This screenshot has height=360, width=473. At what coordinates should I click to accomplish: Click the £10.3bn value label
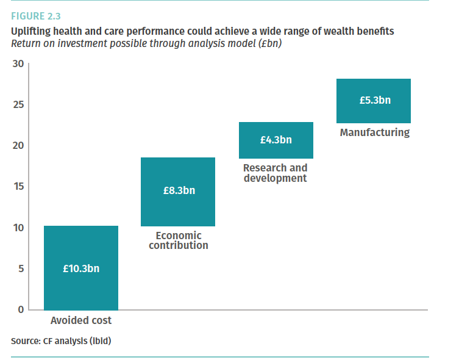(x=81, y=268)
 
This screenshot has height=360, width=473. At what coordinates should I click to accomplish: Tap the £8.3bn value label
(x=179, y=191)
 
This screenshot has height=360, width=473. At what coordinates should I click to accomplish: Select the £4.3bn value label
(x=276, y=140)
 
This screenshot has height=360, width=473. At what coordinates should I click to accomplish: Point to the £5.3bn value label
(x=374, y=100)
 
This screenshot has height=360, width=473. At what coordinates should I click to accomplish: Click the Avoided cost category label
(x=81, y=320)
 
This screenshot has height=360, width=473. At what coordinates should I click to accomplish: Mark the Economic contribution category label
(x=178, y=240)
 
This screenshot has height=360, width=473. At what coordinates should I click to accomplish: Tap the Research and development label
(x=276, y=173)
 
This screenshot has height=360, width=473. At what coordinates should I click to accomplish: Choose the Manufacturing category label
(x=374, y=132)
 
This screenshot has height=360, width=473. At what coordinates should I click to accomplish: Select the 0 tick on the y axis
(x=20, y=309)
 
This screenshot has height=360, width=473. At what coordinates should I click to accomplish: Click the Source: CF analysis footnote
(x=61, y=340)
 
